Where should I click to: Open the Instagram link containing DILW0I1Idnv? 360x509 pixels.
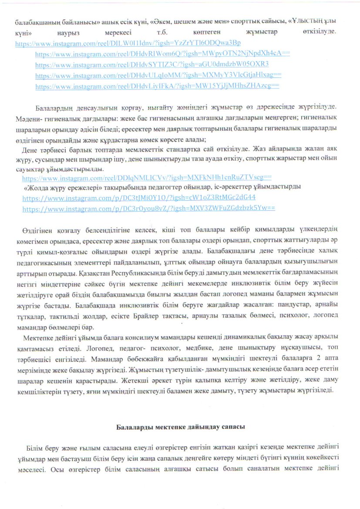(x=128, y=44)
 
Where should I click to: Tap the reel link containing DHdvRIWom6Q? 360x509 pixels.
(x=162, y=54)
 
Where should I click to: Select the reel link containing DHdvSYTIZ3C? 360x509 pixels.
(x=152, y=64)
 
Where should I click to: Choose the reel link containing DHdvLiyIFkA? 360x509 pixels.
(x=157, y=86)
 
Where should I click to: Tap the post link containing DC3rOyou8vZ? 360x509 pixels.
(x=148, y=208)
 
